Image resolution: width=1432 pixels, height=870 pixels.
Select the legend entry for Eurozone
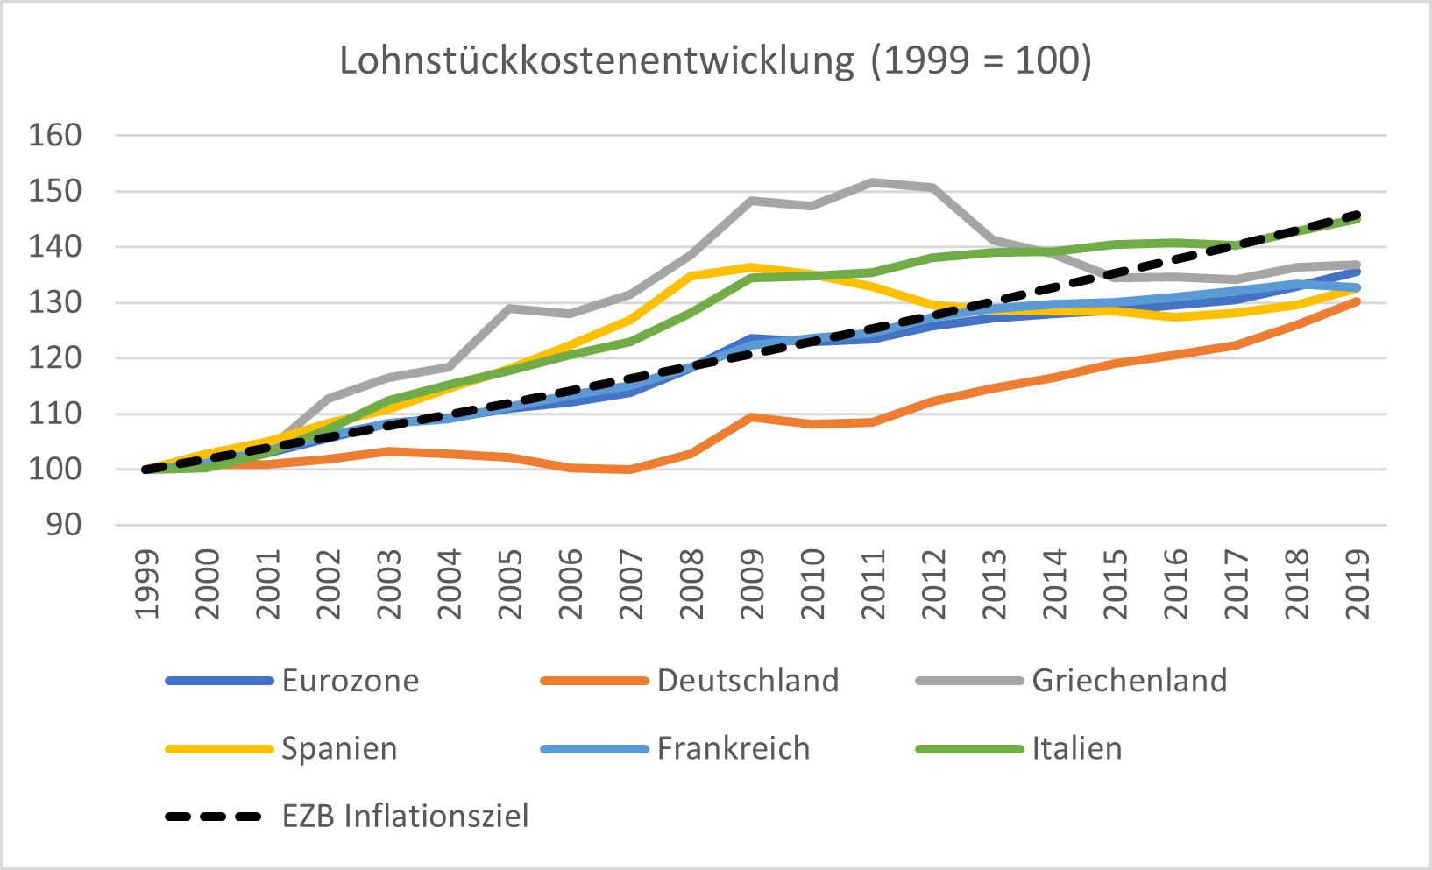[351, 681]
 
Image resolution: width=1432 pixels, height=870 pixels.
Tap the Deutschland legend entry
[748, 681]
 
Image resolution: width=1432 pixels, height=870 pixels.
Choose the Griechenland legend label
[1129, 681]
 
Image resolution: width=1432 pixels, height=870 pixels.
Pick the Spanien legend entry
[339, 749]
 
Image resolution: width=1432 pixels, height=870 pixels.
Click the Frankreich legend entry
[734, 749]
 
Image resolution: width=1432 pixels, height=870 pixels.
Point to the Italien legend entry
[1076, 749]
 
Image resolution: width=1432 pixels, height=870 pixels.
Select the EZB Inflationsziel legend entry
[405, 817]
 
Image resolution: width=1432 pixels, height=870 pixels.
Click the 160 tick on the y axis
[55, 136]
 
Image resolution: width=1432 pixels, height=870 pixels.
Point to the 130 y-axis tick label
[55, 303]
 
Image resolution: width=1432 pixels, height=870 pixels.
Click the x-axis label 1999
[147, 585]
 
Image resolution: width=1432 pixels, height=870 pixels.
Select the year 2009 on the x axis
[752, 585]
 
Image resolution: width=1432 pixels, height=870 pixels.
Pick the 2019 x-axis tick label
[1358, 585]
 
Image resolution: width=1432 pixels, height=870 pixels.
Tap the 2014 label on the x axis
[1055, 585]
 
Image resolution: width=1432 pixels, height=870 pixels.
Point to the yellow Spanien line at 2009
[752, 267]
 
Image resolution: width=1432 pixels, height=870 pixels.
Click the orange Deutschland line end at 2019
[1358, 301]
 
